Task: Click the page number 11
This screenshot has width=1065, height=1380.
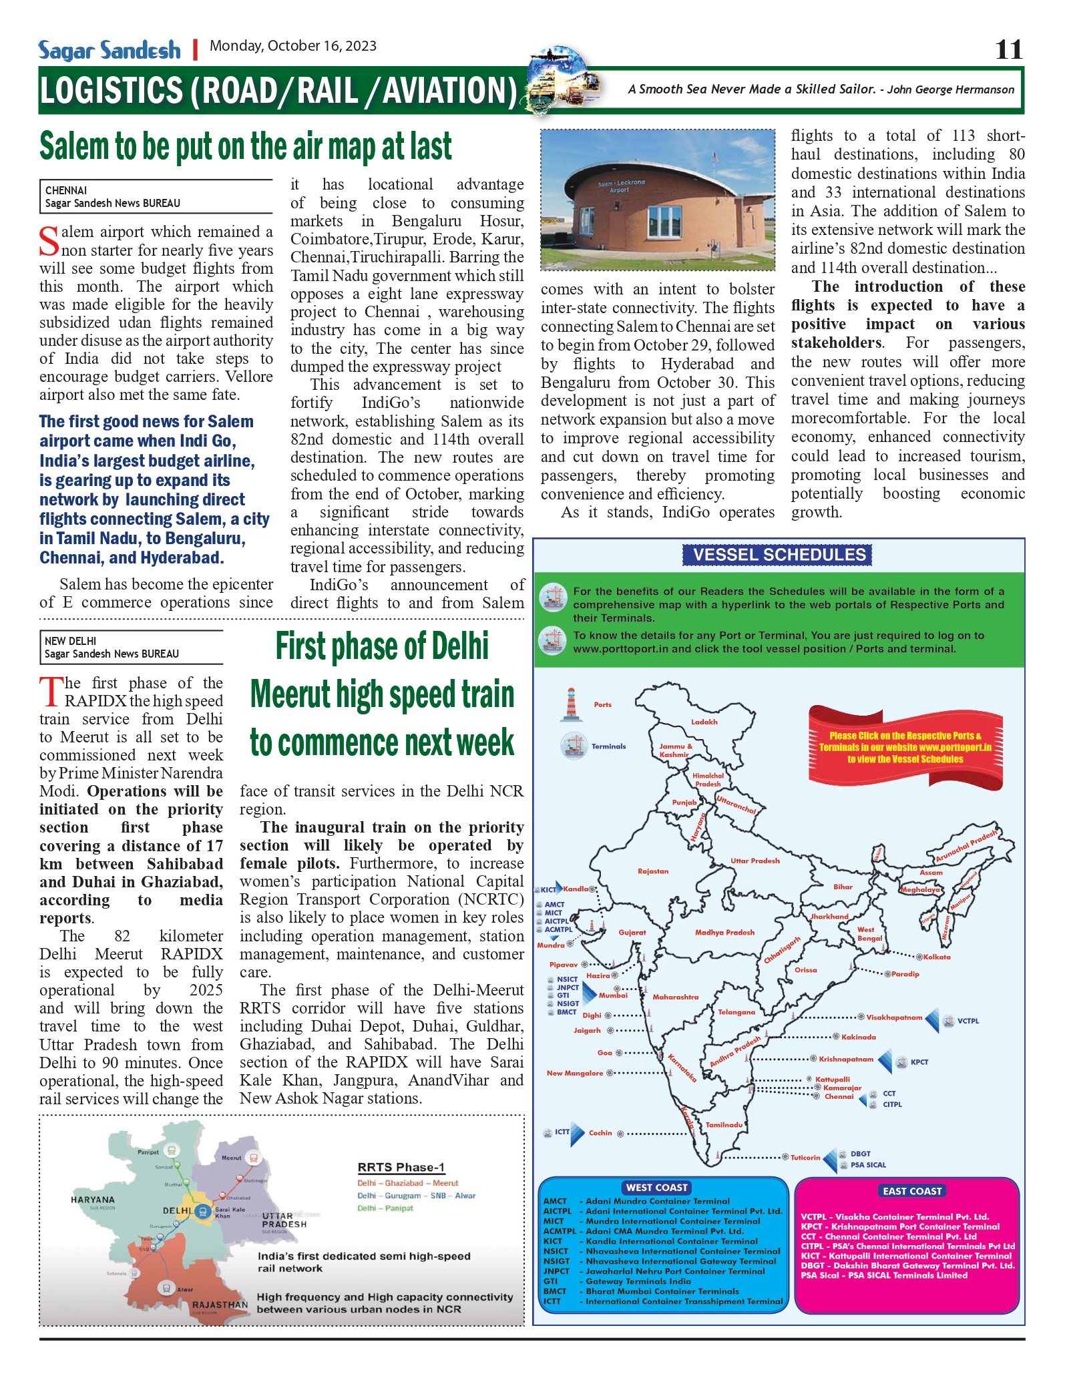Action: pyautogui.click(x=1008, y=50)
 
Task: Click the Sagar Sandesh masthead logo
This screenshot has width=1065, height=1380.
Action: pyautogui.click(x=110, y=51)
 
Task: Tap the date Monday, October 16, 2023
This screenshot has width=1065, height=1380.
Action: pyautogui.click(x=293, y=46)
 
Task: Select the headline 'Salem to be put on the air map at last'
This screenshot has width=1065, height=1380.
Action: pyautogui.click(x=246, y=147)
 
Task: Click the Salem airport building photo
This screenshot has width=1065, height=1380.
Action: pyautogui.click(x=658, y=200)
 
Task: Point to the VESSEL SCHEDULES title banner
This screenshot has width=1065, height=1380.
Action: pyautogui.click(x=778, y=555)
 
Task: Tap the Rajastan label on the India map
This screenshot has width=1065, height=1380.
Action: pyautogui.click(x=653, y=871)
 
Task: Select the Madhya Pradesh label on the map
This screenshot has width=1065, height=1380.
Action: pyautogui.click(x=724, y=932)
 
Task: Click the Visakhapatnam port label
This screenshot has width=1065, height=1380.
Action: pyautogui.click(x=894, y=1017)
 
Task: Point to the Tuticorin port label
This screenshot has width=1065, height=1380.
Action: pyautogui.click(x=805, y=1157)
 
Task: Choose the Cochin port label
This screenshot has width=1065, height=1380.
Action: pyautogui.click(x=600, y=1132)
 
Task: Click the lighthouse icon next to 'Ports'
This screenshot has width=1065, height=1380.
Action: pyautogui.click(x=571, y=704)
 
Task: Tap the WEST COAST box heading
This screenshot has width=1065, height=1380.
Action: pyautogui.click(x=656, y=1187)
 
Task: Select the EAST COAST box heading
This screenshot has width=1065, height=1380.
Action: pyautogui.click(x=911, y=1190)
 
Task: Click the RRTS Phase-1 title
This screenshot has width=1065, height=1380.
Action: pyautogui.click(x=401, y=1167)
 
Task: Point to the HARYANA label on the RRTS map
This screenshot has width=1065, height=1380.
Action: pyautogui.click(x=93, y=1199)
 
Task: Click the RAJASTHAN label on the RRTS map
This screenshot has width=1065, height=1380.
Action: pyautogui.click(x=220, y=1304)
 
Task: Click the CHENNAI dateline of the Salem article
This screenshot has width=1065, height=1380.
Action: pyautogui.click(x=66, y=190)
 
